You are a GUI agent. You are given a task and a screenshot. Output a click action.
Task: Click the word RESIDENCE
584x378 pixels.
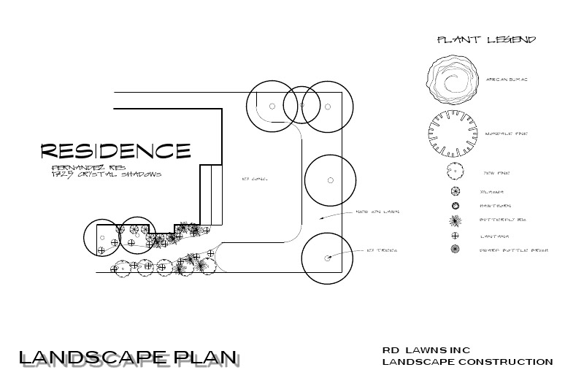coord(115,151)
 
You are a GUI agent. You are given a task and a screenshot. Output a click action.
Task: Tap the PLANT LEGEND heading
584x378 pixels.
coord(486,39)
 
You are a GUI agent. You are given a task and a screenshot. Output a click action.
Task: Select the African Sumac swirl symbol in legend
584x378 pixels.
coord(454,80)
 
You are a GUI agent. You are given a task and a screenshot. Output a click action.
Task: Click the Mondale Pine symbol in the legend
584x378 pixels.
coord(454,134)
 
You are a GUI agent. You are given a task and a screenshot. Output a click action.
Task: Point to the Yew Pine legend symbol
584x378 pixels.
coord(455,172)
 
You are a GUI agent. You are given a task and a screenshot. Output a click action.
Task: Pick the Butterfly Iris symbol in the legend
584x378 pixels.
coord(455,220)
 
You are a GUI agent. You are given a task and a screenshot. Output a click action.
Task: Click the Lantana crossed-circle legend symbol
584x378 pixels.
coord(455,235)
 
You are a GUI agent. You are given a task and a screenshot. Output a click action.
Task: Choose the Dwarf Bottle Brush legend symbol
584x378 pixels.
coord(455,250)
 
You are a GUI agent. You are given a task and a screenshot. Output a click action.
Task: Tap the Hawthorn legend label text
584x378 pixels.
coord(493,206)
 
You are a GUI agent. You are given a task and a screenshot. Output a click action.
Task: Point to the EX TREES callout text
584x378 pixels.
coord(382,250)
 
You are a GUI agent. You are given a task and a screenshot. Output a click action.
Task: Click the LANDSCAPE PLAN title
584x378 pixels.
coord(128,358)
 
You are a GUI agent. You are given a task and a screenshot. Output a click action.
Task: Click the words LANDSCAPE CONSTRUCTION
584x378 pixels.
coord(467,362)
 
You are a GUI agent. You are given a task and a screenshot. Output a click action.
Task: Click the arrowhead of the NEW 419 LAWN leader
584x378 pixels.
coord(322,218)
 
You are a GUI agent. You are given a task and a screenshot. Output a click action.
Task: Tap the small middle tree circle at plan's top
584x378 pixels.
coord(299,105)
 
